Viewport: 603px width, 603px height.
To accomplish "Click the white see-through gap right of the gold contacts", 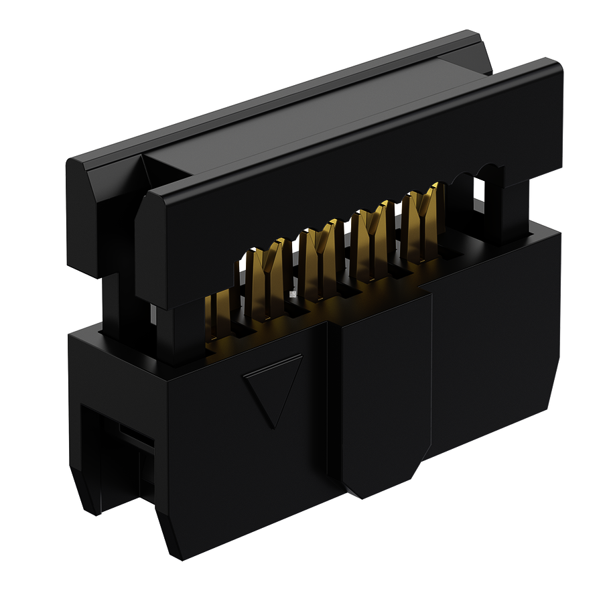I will tap(478, 191).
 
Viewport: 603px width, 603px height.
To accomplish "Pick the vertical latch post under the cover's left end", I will tap(167, 332).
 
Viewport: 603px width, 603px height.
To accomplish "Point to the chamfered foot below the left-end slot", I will tap(87, 496).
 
